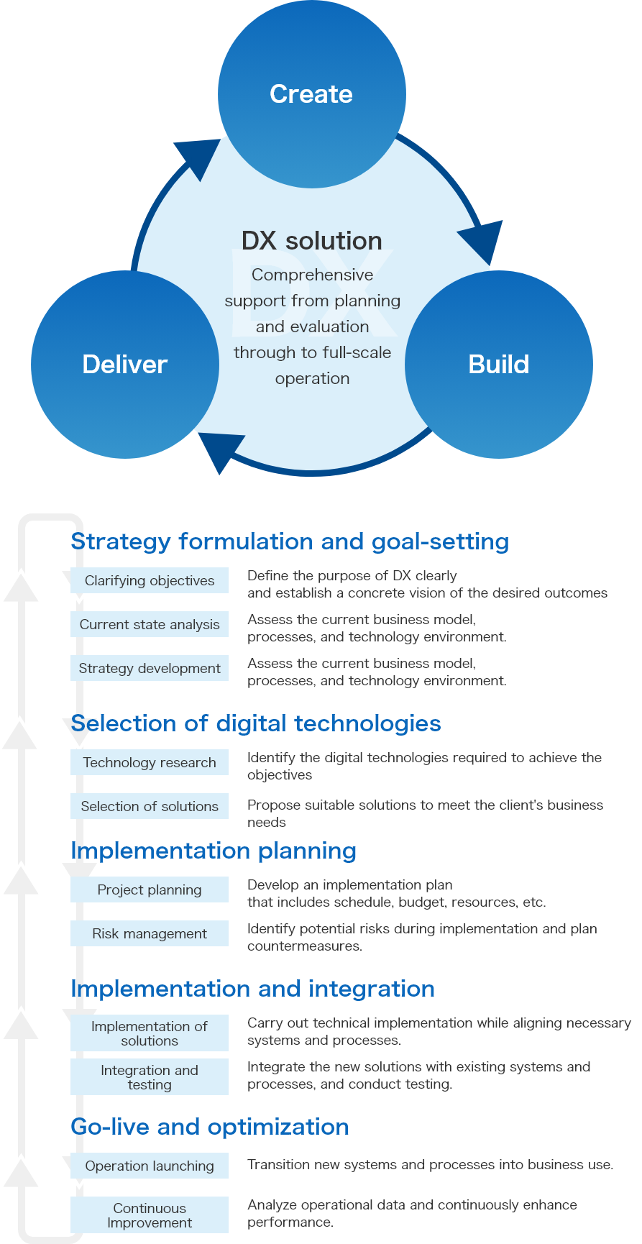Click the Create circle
click(311, 94)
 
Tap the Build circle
click(498, 364)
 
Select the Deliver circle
click(125, 364)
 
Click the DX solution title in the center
click(312, 241)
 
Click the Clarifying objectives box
click(150, 581)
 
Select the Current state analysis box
click(150, 625)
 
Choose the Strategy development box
click(150, 669)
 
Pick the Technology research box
click(150, 763)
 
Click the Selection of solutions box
click(150, 807)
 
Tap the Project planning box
click(150, 890)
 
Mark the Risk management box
click(150, 934)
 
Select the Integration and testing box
click(150, 1077)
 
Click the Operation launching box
click(150, 1166)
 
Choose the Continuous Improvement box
click(150, 1215)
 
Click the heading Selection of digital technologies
click(256, 723)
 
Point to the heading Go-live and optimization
click(210, 1127)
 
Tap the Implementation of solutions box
click(150, 1033)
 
